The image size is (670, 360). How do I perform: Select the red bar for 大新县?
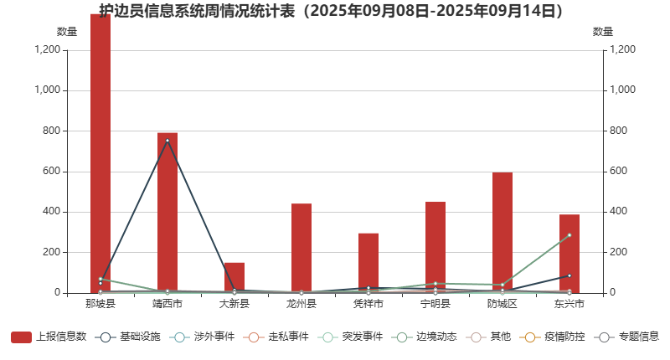pos(234,278)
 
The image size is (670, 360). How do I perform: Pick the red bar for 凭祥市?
pos(368,263)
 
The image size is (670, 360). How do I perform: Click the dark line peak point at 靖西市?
pos(167,141)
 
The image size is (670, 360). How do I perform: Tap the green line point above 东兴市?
pos(569,235)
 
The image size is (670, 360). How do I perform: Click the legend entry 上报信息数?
pos(49,337)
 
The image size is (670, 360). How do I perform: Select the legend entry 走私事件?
pos(277,337)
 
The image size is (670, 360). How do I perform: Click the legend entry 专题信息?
pos(627,337)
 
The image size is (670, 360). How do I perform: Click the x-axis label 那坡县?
pos(100,303)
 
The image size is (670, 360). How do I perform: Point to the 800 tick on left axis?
pos(49,131)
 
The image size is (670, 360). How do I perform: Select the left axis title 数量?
pos(67,32)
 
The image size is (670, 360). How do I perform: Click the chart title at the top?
pos(331,11)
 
